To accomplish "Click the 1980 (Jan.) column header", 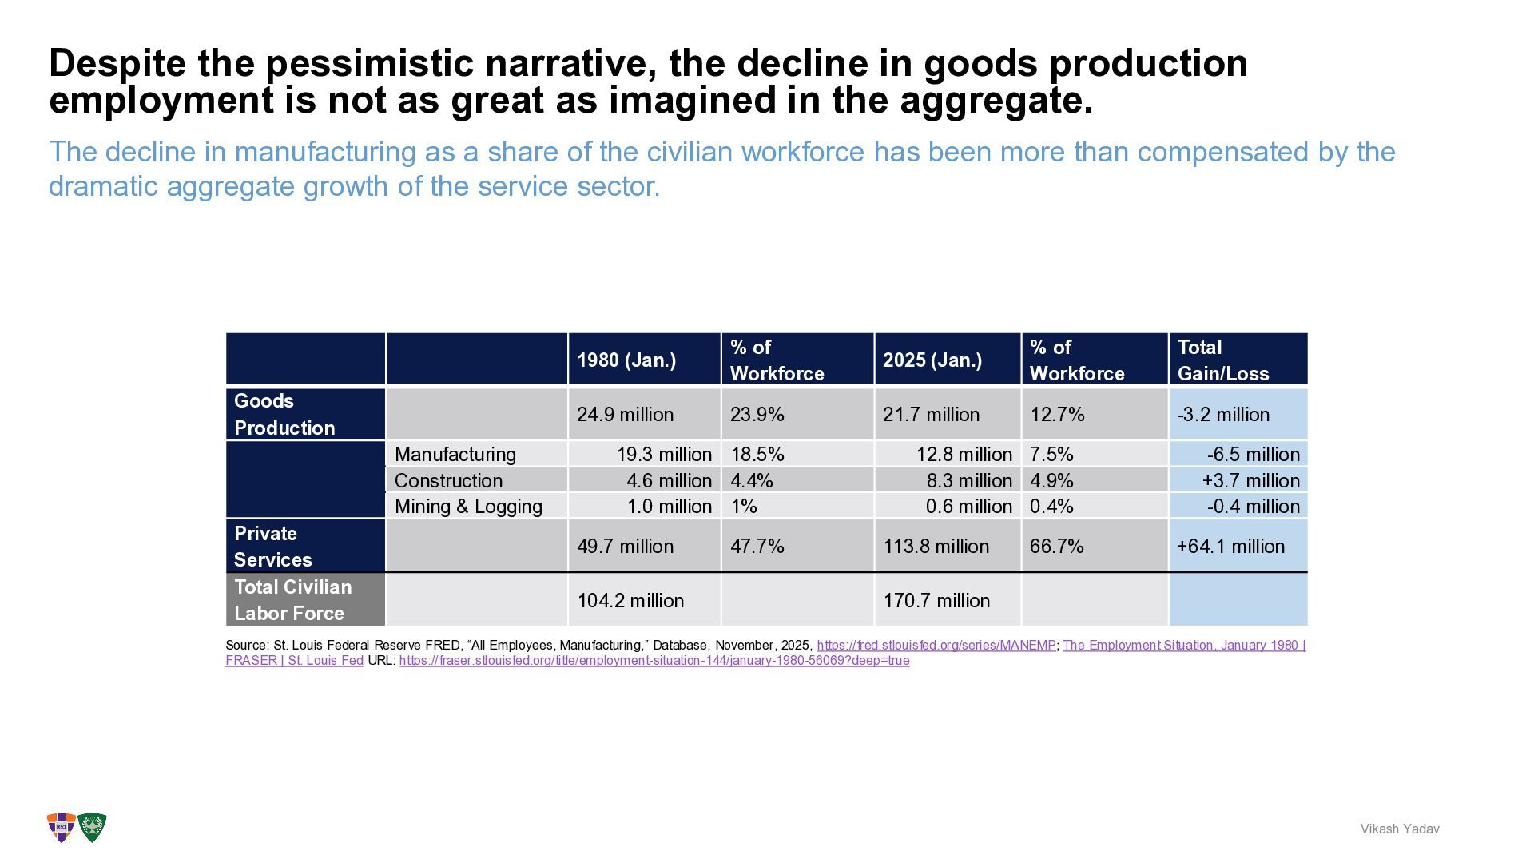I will click(626, 360).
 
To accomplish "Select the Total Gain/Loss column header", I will click(1222, 360).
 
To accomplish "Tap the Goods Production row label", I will click(284, 414).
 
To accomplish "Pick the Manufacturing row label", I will click(455, 455).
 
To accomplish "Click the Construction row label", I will click(448, 480).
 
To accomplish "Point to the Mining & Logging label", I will click(468, 507).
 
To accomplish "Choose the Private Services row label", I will click(272, 547).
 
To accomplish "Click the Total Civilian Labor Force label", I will click(292, 600).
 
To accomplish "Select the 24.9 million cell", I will click(625, 415).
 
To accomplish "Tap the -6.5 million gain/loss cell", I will click(1253, 455).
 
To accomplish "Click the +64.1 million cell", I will click(1230, 547).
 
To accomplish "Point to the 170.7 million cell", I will click(936, 601).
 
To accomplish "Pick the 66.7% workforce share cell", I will click(1056, 547).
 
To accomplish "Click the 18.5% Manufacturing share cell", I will click(757, 455).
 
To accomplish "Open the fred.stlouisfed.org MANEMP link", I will click(936, 646).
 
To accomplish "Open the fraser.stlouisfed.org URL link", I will click(654, 661).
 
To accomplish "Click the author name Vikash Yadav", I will click(1399, 829).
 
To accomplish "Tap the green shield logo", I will click(93, 828).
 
